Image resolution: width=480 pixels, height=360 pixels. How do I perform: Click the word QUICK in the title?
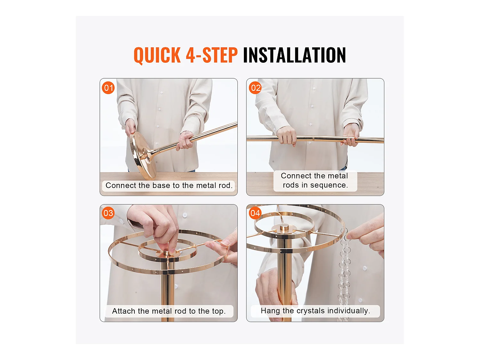[x=157, y=55]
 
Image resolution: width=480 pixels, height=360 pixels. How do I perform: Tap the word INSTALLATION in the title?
[x=294, y=55]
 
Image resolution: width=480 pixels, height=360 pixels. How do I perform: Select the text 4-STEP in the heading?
[x=212, y=55]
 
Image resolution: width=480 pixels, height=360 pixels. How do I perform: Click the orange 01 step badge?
[x=108, y=88]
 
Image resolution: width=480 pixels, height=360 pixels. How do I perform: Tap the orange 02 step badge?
[x=255, y=88]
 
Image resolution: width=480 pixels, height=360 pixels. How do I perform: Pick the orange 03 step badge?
[x=108, y=213]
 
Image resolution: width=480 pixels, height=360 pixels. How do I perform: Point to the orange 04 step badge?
[x=255, y=213]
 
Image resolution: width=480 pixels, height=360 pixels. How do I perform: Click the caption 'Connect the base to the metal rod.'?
[x=169, y=186]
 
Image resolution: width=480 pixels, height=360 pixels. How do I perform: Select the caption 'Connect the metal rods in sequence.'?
[x=315, y=180]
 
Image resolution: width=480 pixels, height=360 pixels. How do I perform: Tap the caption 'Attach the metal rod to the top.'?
[x=169, y=311]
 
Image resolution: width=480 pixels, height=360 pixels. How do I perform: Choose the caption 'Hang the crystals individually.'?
[x=315, y=311]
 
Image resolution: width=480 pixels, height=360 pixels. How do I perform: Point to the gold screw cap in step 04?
[x=284, y=228]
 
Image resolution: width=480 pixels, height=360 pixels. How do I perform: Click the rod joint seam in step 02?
[x=313, y=139]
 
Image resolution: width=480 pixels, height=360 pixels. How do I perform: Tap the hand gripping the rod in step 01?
[x=185, y=140]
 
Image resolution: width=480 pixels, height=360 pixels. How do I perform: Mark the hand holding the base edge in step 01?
[x=131, y=127]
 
